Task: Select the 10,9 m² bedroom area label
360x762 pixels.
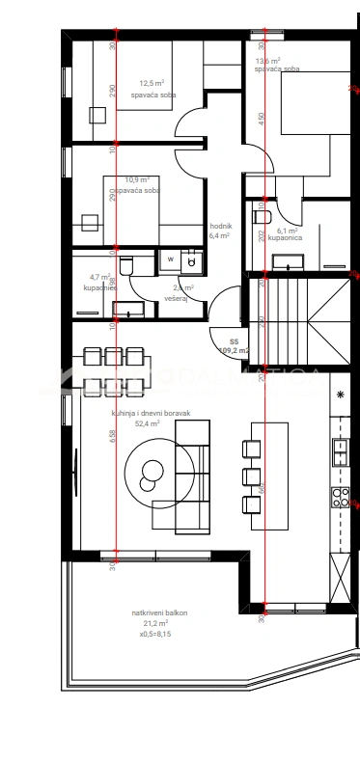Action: coord(138,179)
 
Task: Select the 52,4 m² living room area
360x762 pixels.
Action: coord(148,422)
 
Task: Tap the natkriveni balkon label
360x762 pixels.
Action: coord(160,612)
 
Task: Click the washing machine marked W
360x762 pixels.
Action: coord(169,259)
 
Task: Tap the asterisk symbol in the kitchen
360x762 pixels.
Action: coord(340,395)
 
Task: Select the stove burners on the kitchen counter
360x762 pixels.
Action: coord(341,496)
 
